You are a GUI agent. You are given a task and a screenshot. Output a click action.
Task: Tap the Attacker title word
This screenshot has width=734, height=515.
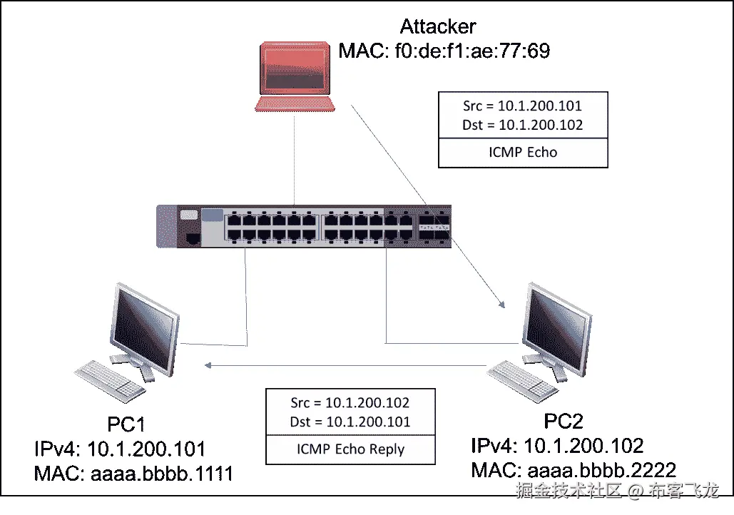438,27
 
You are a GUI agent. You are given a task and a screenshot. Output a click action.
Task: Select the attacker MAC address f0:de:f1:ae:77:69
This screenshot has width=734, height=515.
472,51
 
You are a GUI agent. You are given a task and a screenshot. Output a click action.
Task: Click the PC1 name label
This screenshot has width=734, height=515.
127,425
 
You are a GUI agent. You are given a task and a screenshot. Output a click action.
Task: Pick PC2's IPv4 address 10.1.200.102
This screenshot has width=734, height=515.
584,447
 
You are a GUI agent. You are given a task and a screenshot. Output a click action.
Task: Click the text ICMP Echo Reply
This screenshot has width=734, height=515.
350,449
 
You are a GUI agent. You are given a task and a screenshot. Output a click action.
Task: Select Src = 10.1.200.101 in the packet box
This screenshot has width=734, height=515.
522,106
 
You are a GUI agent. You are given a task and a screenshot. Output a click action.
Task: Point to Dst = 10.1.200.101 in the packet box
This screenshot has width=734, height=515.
350,422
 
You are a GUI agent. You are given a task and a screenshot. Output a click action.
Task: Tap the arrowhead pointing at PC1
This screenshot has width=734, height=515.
207,365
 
